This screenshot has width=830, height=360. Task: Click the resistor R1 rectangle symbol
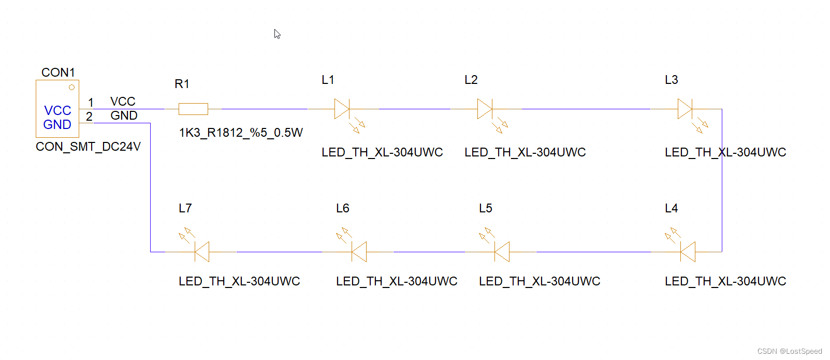[x=193, y=109]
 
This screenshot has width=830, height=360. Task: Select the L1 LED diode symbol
[x=342, y=109]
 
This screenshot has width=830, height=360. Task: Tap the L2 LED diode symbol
[x=485, y=109]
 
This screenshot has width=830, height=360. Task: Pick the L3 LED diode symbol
[x=685, y=109]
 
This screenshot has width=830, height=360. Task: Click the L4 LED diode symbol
[x=688, y=252]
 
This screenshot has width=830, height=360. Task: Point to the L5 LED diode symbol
[x=502, y=252]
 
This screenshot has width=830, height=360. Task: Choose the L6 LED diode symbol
[x=359, y=252]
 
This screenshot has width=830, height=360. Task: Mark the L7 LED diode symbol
[x=201, y=252]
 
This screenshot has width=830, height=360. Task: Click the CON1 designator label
[x=58, y=73]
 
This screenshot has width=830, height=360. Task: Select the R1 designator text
[x=182, y=84]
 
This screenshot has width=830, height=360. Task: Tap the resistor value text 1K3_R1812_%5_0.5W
[x=241, y=133]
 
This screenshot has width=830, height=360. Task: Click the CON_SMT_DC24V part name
[x=88, y=147]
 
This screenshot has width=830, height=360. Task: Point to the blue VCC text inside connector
[x=57, y=110]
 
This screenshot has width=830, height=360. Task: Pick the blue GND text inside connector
[x=57, y=125]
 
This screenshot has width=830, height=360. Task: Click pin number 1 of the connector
[x=91, y=103]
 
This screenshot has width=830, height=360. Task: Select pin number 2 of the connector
[x=89, y=117]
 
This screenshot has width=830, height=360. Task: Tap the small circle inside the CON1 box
[x=71, y=88]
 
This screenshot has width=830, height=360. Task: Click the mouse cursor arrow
[x=277, y=34]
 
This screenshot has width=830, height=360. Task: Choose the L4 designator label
[x=671, y=208]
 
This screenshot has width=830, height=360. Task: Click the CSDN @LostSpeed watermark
[x=789, y=351]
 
